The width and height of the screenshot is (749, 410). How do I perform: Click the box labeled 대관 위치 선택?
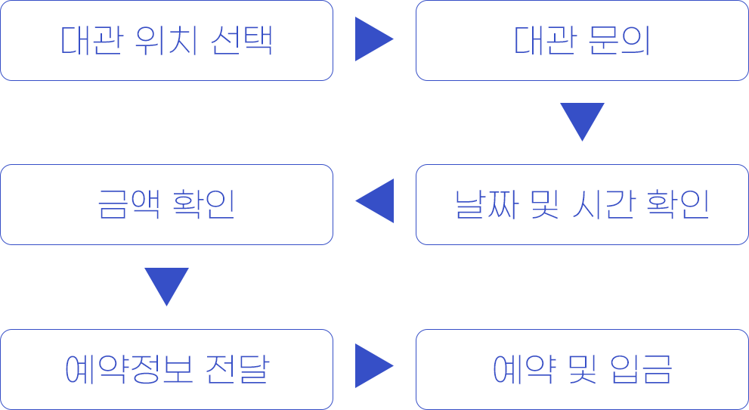coord(166,40)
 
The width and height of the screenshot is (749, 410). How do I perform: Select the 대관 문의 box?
coord(582,40)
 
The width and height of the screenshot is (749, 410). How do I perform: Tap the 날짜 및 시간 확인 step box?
coord(582,204)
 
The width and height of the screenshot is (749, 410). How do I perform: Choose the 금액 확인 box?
coord(166,204)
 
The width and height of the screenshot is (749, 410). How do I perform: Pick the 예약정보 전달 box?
coord(166,369)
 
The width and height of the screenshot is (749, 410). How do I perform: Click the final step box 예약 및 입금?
coord(582,369)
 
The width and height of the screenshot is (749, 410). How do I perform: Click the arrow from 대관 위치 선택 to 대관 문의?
coord(374,39)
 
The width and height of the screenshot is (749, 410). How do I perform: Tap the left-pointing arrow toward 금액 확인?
coord(375,200)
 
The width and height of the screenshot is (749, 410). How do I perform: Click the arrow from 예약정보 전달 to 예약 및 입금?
coord(374,365)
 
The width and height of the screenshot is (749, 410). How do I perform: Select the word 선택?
coord(242,40)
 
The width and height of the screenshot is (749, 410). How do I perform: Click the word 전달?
coord(238,369)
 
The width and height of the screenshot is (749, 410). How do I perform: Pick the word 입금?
coord(642,369)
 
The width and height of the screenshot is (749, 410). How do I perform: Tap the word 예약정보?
coord(128,369)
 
